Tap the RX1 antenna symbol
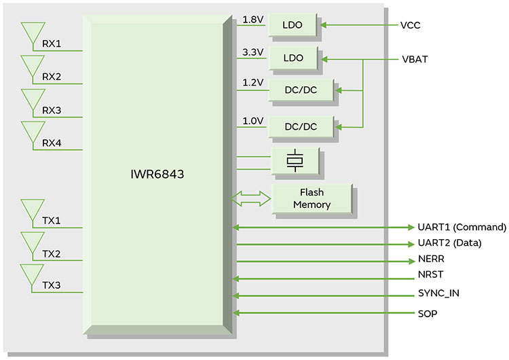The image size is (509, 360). [32, 35]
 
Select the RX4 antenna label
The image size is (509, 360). [52, 143]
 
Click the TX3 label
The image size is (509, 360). [52, 285]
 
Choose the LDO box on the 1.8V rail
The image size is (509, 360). [294, 26]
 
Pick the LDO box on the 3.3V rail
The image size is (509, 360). [294, 58]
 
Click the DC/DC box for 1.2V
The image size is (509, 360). [301, 90]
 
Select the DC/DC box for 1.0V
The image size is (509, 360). [301, 126]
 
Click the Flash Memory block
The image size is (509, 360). [312, 198]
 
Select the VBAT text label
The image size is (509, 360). [415, 59]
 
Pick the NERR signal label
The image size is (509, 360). [431, 260]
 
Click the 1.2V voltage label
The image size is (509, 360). [253, 82]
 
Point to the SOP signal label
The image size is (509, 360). [428, 313]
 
